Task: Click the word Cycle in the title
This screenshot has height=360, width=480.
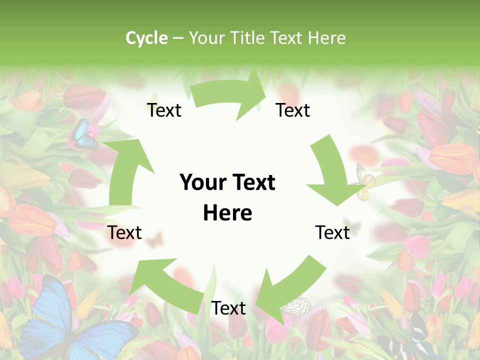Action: (146, 38)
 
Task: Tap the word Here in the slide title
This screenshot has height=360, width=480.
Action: (326, 38)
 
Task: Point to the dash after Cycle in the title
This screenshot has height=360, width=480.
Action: (178, 38)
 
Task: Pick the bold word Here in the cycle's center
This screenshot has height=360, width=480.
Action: (227, 213)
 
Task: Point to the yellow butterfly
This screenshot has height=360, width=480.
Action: (365, 181)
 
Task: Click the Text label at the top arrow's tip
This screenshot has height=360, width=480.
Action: (293, 110)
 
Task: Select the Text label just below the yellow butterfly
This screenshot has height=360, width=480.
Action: (332, 232)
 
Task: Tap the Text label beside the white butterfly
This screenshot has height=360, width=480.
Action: (228, 308)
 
